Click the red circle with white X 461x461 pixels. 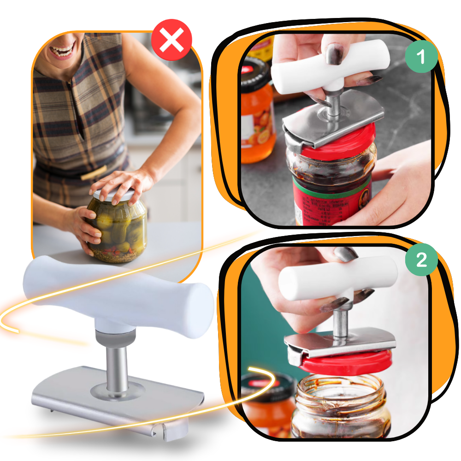[x=171, y=41]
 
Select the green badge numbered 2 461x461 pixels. [x=421, y=260]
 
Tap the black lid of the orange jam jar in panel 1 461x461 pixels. [x=255, y=76]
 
